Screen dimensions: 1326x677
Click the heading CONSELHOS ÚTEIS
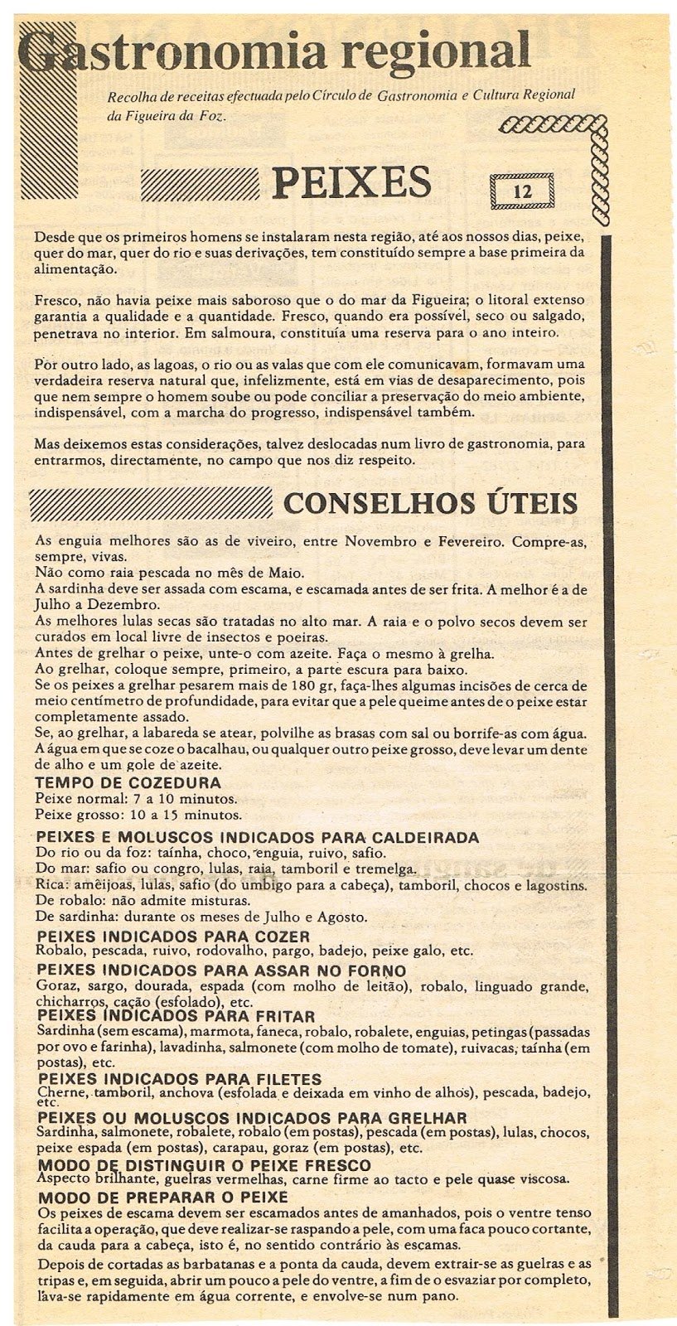coord(431,503)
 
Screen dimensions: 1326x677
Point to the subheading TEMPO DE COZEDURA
coord(128,783)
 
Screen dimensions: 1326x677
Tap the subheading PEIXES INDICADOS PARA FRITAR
coord(177,1016)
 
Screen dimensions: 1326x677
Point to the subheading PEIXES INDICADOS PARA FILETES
coord(180,1079)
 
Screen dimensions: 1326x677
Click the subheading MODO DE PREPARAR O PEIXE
coord(163,1198)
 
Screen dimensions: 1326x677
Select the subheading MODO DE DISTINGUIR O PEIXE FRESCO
coord(205,1165)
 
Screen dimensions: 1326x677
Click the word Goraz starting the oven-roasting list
coord(56,987)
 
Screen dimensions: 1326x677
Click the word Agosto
coord(343,917)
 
